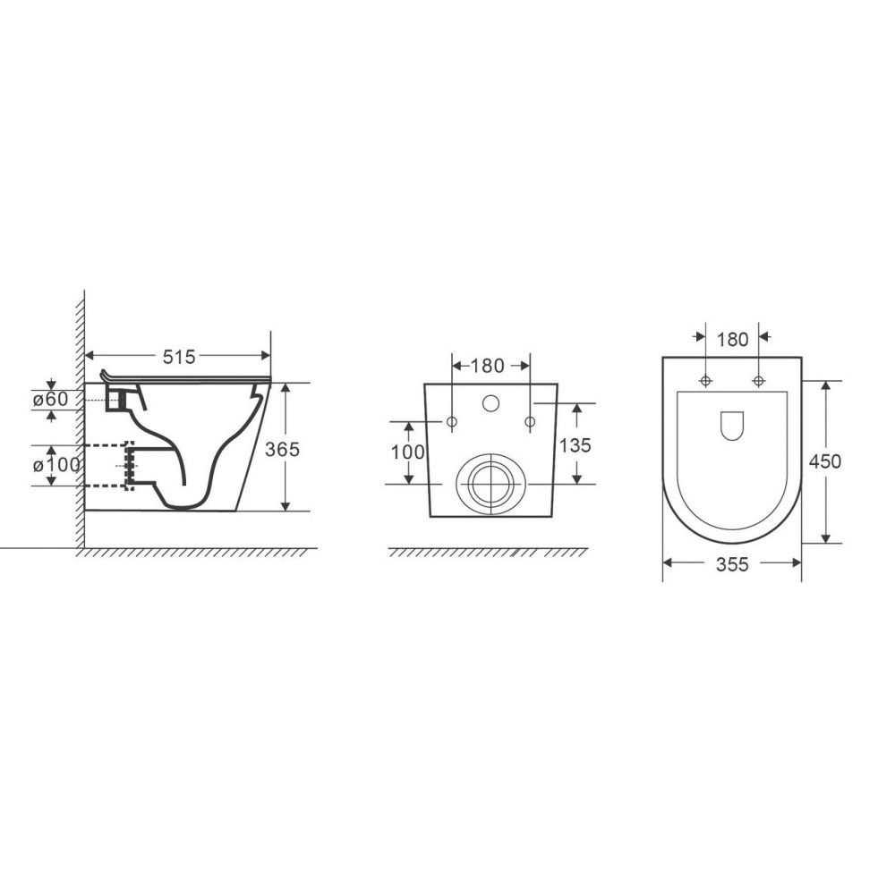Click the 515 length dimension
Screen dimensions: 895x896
click(x=179, y=357)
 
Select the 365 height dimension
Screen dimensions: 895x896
click(x=282, y=450)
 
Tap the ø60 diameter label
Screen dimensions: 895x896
click(x=50, y=399)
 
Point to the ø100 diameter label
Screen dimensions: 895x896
click(x=56, y=465)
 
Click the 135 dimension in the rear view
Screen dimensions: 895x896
click(x=575, y=444)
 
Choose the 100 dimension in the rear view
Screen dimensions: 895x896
click(x=408, y=452)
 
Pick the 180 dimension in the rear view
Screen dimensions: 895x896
click(x=488, y=366)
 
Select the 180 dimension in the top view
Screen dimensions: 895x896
click(x=733, y=340)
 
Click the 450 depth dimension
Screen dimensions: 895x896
click(x=825, y=461)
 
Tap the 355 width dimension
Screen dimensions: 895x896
click(x=732, y=564)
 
